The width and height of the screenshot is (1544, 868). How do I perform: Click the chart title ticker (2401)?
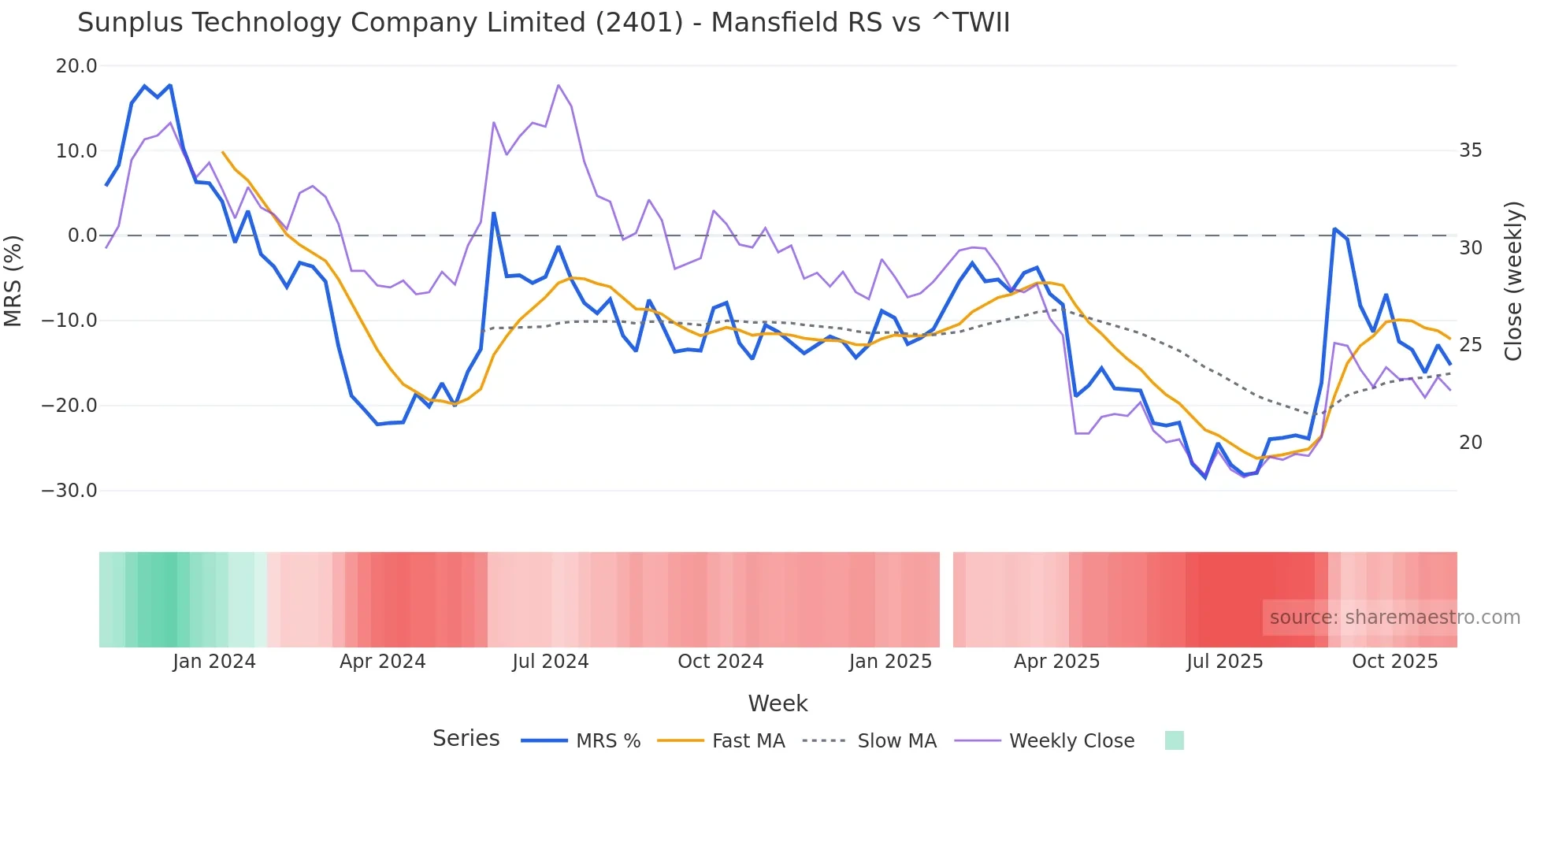click(639, 23)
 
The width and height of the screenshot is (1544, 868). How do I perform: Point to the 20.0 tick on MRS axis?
click(76, 66)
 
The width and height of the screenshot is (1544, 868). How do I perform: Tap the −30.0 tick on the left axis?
click(69, 491)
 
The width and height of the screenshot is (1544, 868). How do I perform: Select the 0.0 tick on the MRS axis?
click(82, 236)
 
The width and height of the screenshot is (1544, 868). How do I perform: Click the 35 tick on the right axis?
click(1470, 150)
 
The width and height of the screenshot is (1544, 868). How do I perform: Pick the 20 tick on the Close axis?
click(1470, 443)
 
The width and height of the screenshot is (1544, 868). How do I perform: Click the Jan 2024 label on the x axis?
click(214, 662)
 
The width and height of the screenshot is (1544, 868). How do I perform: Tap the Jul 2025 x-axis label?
click(1224, 662)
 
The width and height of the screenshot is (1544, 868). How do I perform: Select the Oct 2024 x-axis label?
click(720, 662)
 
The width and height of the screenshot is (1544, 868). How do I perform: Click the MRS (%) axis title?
click(13, 280)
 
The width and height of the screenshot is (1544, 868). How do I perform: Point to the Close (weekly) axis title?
click(1512, 280)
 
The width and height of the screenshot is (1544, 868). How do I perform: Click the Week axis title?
click(778, 703)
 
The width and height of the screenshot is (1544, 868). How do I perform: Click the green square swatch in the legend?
click(1174, 740)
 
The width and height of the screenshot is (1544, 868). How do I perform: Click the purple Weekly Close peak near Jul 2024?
click(558, 85)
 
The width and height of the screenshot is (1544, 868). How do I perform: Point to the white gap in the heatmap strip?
click(946, 599)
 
